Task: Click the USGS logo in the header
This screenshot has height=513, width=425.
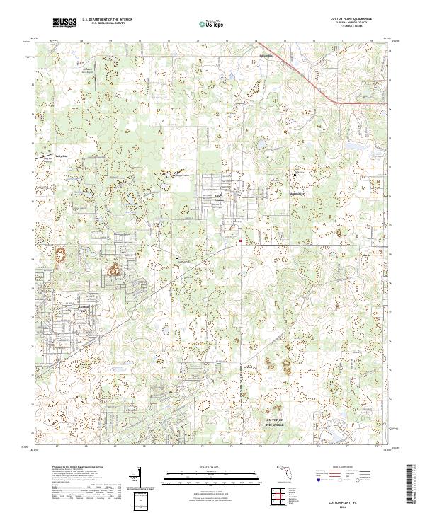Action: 66,23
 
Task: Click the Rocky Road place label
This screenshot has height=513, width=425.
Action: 62,156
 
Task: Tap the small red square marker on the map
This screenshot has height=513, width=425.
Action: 240,241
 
